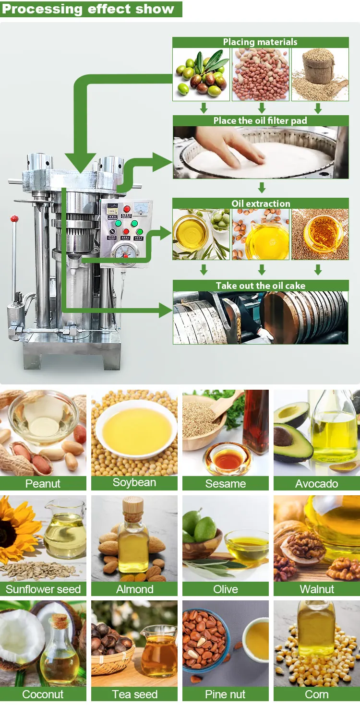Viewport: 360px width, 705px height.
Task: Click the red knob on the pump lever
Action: (14, 219)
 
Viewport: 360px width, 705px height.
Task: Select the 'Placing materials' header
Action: (260, 42)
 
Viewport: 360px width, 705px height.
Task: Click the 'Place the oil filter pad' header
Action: (260, 120)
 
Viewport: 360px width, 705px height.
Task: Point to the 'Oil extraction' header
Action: (261, 203)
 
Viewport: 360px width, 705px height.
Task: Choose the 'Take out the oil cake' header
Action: (261, 286)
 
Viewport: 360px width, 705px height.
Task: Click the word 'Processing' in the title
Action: (42, 9)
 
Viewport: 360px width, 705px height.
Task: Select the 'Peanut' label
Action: (43, 483)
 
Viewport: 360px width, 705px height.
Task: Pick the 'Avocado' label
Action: (316, 483)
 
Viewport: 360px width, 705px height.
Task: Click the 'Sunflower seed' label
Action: (43, 589)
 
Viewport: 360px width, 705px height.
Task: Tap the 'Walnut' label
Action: (316, 589)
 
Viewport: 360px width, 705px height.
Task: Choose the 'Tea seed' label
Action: (134, 694)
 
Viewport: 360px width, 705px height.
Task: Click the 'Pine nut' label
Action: (225, 694)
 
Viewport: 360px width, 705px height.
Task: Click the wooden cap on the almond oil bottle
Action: (133, 505)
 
